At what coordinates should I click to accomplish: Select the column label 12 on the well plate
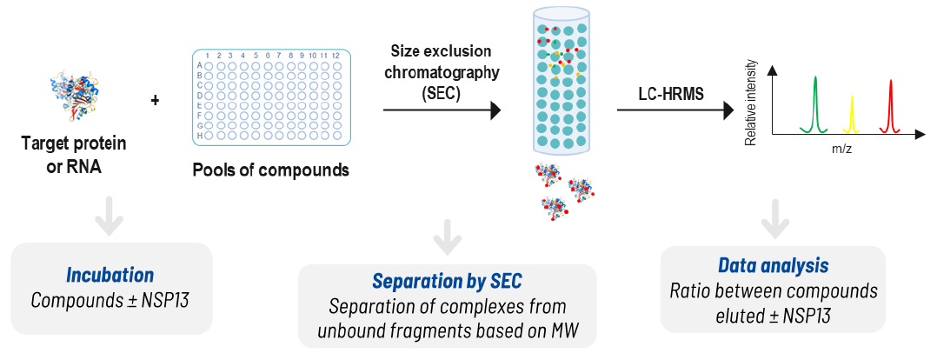[x=336, y=56]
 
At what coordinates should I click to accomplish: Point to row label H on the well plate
[x=200, y=136]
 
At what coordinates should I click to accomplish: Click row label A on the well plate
[x=200, y=65]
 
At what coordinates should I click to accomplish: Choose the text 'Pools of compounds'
[x=270, y=170]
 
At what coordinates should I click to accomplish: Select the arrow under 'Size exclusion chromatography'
[x=442, y=110]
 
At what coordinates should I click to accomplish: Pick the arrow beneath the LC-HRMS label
[x=674, y=110]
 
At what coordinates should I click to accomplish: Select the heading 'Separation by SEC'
[x=447, y=282]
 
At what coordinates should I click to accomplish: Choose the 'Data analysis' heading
[x=773, y=265]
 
